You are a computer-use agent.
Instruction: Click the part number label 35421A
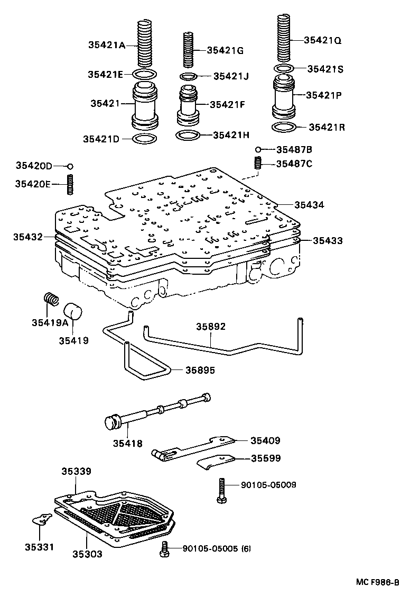click(106, 45)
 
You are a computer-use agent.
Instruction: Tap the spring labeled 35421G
click(188, 49)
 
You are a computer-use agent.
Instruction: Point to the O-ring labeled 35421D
click(144, 139)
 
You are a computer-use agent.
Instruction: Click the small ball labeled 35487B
click(258, 150)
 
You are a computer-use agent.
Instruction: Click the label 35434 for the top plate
click(309, 204)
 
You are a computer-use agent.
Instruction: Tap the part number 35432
click(28, 237)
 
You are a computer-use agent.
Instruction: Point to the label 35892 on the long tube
click(211, 327)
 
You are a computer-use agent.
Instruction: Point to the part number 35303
click(87, 554)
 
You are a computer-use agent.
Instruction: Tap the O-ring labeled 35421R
click(284, 128)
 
